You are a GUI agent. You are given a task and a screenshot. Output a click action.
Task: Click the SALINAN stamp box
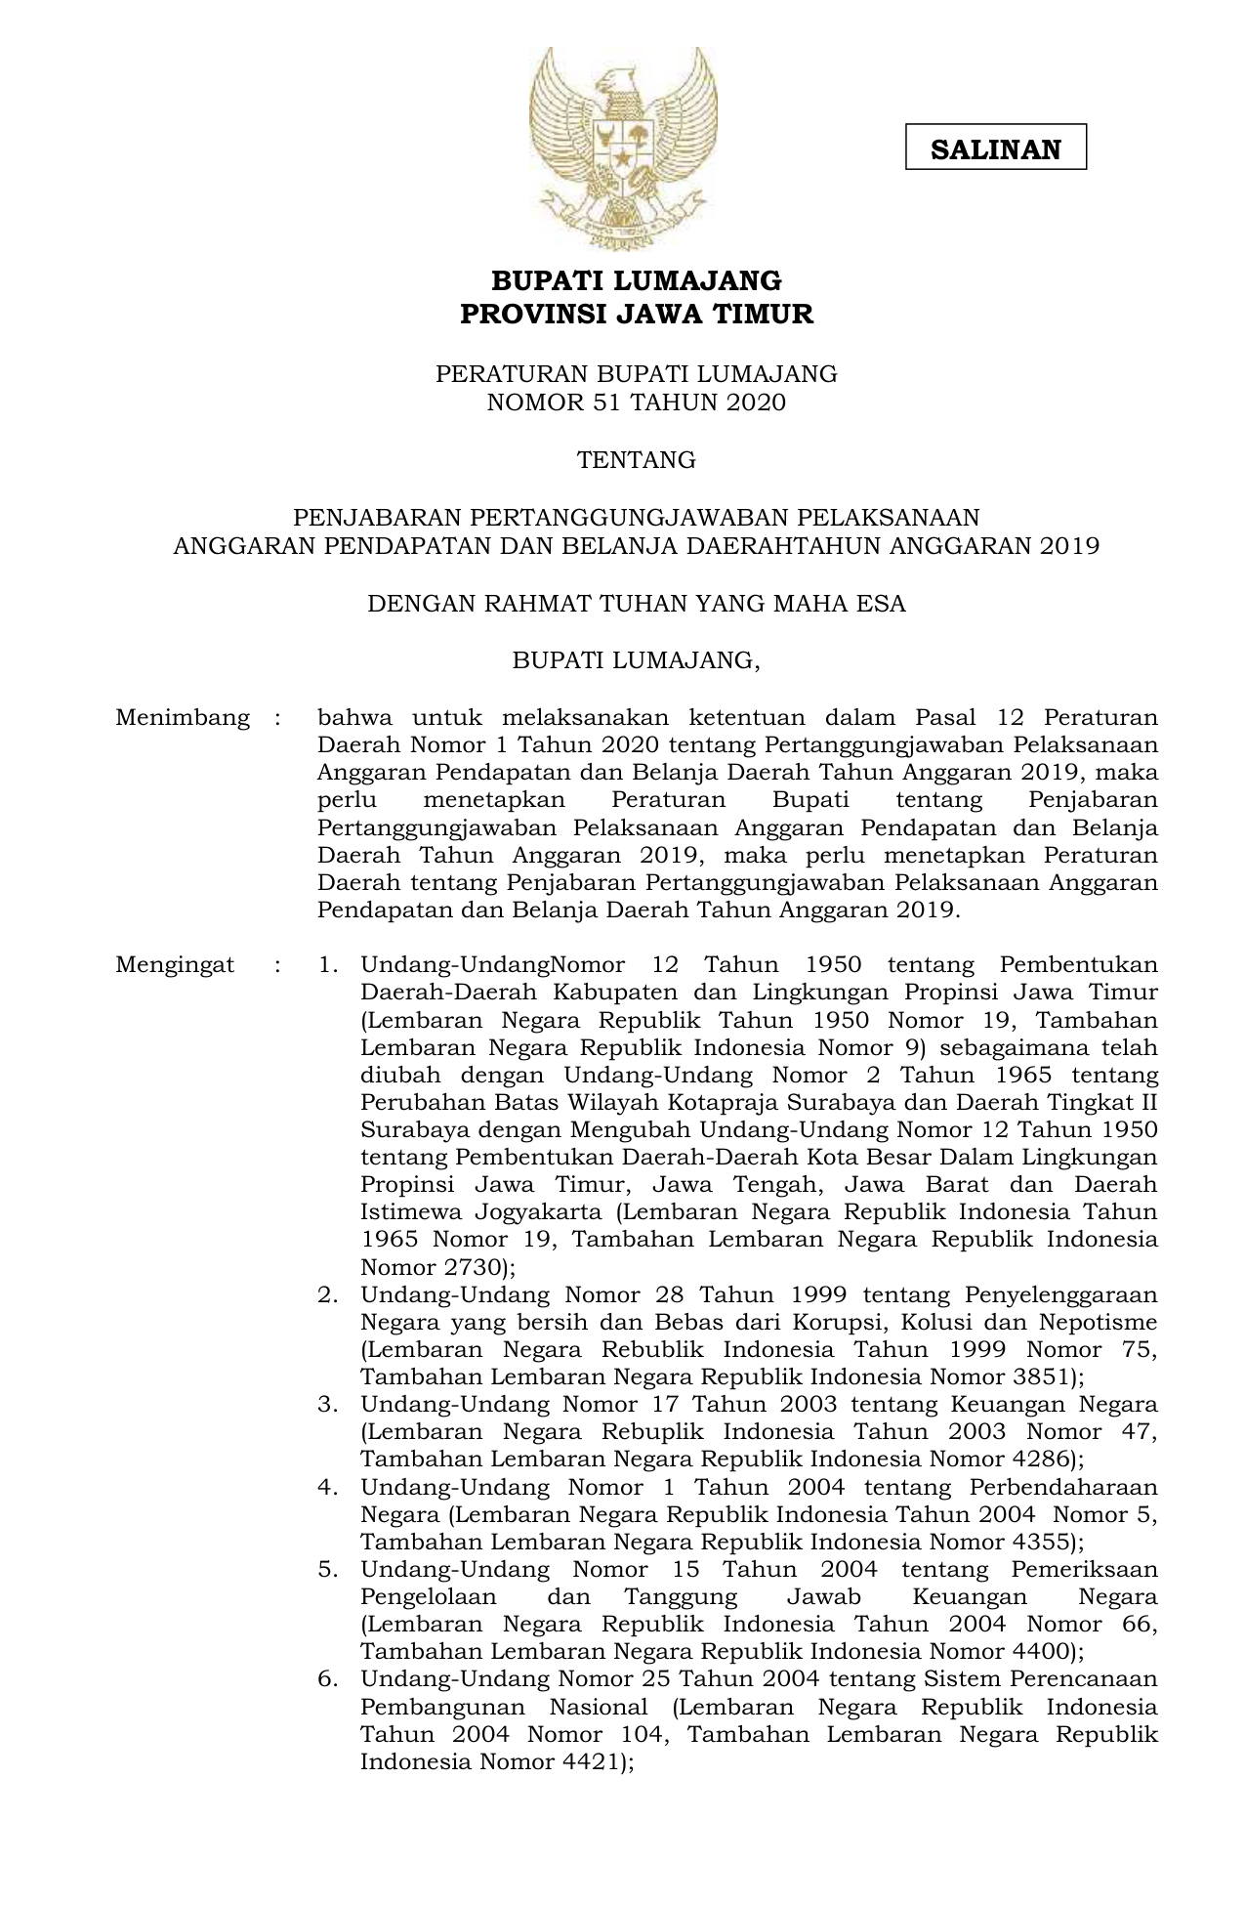tap(995, 148)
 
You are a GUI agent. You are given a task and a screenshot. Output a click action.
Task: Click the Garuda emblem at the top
tap(623, 147)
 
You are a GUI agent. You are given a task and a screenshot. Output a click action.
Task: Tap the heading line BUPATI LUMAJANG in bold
tap(636, 281)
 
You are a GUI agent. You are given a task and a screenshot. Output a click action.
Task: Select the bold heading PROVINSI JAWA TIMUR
tap(636, 315)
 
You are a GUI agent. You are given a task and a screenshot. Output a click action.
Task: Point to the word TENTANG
tap(636, 460)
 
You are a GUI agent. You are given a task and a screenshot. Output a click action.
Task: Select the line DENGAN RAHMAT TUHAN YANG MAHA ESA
tap(636, 604)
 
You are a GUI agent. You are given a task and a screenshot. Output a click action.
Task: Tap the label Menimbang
tap(183, 718)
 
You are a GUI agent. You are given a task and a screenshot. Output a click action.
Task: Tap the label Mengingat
tap(175, 965)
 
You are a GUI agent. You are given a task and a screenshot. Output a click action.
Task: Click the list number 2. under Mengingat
tap(328, 1295)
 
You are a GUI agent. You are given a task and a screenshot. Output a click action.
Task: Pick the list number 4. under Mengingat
tap(328, 1488)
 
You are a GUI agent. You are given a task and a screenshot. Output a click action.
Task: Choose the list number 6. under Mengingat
tap(328, 1679)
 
